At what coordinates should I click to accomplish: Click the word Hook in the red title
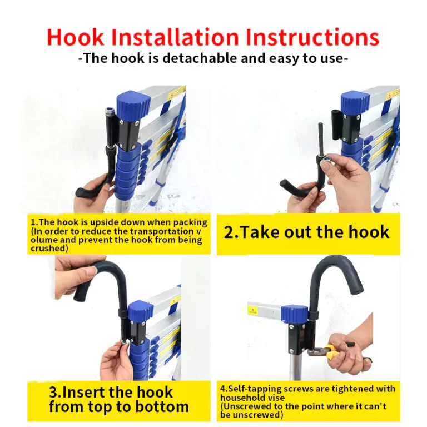[75, 37]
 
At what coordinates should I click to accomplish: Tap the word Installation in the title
[175, 37]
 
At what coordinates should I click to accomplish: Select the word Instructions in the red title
[312, 37]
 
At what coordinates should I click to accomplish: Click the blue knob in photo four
[295, 315]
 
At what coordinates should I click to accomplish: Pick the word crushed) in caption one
[49, 249]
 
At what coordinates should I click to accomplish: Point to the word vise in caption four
[276, 398]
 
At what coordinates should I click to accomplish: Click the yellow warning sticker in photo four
[253, 310]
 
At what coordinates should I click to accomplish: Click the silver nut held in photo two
[326, 161]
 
